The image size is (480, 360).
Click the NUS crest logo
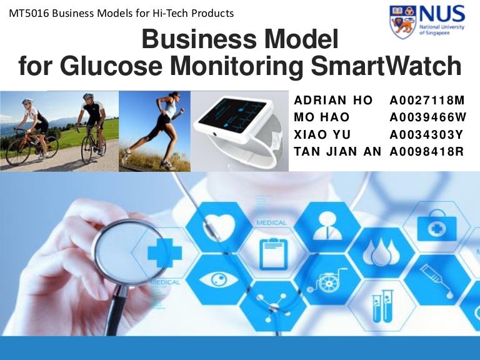point(402,21)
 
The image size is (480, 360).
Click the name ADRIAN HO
point(333,101)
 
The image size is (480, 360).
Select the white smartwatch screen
point(239,119)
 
